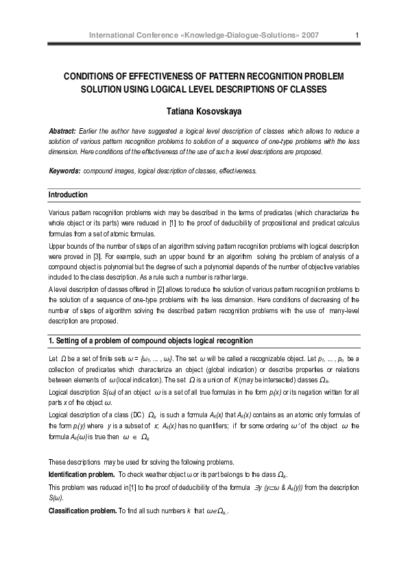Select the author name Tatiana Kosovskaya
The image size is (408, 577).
[x=204, y=110]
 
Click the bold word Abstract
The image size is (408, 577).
[x=63, y=130]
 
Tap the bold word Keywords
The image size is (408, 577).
[x=65, y=170]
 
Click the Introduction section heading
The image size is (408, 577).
[x=68, y=195]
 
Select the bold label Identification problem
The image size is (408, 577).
[x=82, y=474]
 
